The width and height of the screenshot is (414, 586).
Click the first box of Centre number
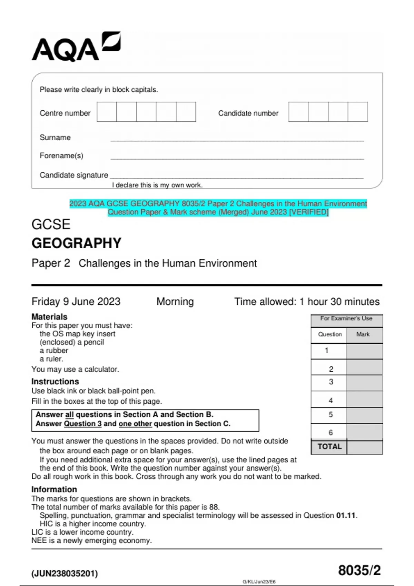click(x=107, y=112)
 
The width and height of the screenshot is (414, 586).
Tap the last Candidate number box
click(x=357, y=112)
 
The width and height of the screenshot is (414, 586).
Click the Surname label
click(x=55, y=138)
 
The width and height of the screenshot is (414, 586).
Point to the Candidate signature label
click(x=74, y=175)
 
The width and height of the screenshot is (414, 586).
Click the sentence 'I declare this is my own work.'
click(x=157, y=185)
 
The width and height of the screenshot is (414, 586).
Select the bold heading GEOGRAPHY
click(x=76, y=243)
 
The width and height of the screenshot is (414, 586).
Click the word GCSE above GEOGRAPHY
click(x=51, y=224)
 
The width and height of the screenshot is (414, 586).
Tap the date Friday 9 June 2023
click(x=76, y=302)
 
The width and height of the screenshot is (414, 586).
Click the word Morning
click(x=175, y=302)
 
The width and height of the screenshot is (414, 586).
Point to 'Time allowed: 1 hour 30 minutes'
click(x=307, y=302)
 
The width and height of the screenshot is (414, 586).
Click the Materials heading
click(x=49, y=317)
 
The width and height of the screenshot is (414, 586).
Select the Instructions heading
click(x=55, y=382)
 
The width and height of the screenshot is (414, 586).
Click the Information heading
click(x=54, y=489)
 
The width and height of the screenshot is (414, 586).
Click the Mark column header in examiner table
click(x=363, y=334)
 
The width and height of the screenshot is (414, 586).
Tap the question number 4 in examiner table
click(x=331, y=401)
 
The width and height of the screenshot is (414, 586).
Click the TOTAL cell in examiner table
click(x=329, y=447)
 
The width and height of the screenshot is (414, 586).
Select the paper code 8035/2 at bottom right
click(x=359, y=570)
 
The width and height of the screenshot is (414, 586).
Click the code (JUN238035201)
click(x=65, y=574)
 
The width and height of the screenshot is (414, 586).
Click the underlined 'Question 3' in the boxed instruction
click(x=83, y=424)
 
